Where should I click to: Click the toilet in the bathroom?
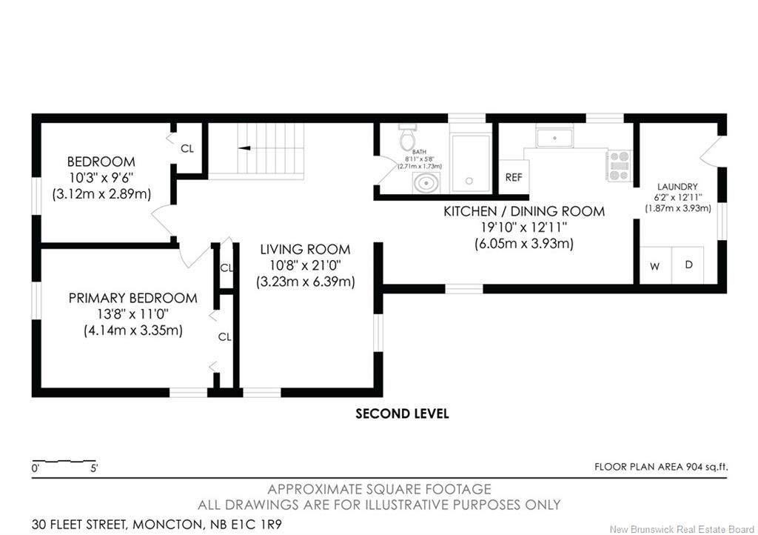pyautogui.click(x=407, y=137)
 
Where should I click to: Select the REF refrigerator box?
pyautogui.click(x=514, y=178)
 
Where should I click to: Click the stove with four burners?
pyautogui.click(x=620, y=166)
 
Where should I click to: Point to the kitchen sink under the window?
pyautogui.click(x=554, y=138)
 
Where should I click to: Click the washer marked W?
pyautogui.click(x=656, y=265)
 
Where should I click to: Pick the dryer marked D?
pyautogui.click(x=688, y=265)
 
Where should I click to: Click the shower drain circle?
pyautogui.click(x=469, y=181)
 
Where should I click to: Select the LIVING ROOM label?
pyautogui.click(x=305, y=250)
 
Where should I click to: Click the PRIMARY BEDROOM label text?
pyautogui.click(x=133, y=298)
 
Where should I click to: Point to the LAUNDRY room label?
pyautogui.click(x=677, y=187)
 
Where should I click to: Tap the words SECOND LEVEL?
pyautogui.click(x=402, y=413)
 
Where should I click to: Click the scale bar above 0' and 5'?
pyautogui.click(x=64, y=460)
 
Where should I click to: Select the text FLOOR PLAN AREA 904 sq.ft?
pyautogui.click(x=661, y=467)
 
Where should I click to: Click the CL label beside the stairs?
pyautogui.click(x=187, y=148)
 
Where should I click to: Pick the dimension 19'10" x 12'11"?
pyautogui.click(x=524, y=227)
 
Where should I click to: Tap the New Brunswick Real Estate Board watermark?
pyautogui.click(x=682, y=529)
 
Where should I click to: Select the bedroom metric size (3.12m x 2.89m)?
pyautogui.click(x=101, y=194)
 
